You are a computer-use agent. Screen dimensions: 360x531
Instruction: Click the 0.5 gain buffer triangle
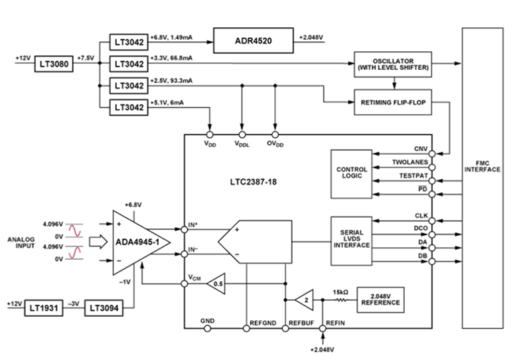[x=216, y=284]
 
